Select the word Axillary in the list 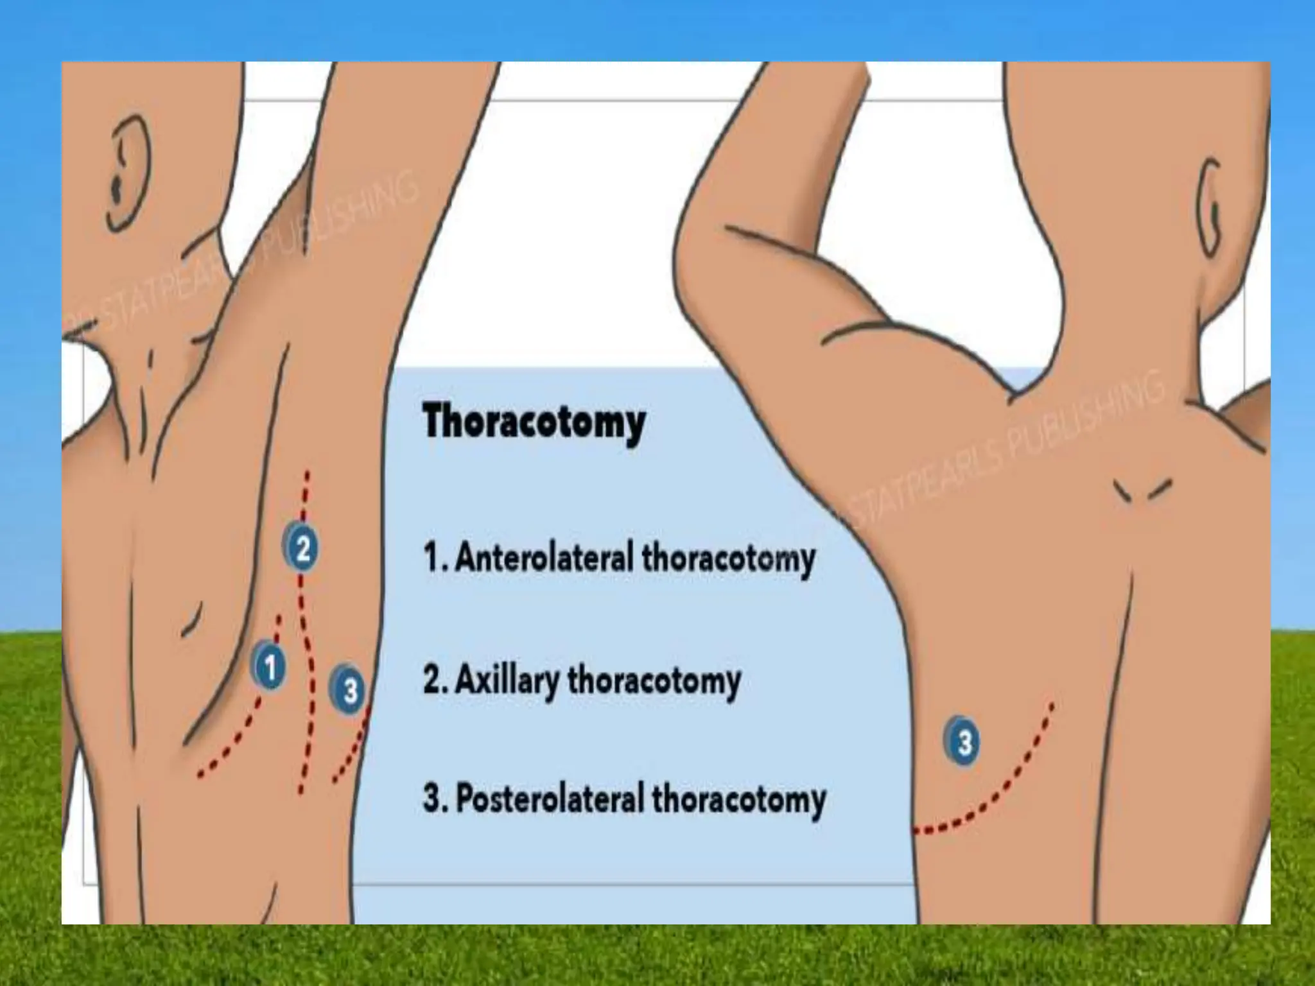(507, 680)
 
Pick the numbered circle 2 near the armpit (302, 548)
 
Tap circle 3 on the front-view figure (349, 691)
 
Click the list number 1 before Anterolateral (431, 557)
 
